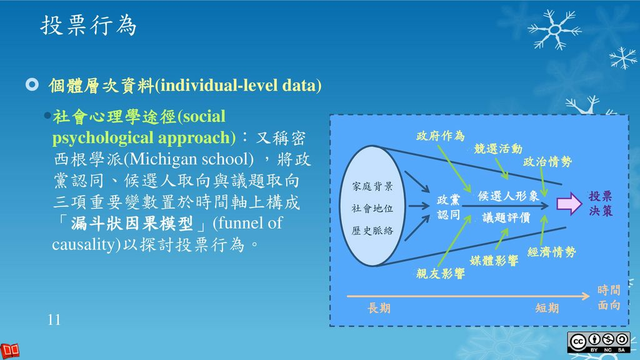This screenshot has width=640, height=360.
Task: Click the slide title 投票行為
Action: point(88,25)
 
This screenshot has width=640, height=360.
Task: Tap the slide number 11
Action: point(54,320)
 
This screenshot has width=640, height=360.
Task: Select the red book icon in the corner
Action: point(11,350)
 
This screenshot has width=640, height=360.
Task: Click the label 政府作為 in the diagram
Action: point(441,136)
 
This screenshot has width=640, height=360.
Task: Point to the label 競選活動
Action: point(497,149)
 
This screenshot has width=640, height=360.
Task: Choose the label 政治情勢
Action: point(547,162)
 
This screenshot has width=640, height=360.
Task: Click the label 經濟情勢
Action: point(551,252)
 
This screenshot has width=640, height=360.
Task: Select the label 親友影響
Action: point(441,273)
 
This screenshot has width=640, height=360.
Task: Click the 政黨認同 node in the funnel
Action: point(448,207)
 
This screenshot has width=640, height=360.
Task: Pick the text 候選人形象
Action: point(508,196)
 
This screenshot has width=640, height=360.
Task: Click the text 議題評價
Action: point(506,217)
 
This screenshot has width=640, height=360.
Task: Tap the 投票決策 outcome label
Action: point(601,204)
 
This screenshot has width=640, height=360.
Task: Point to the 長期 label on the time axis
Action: point(379,308)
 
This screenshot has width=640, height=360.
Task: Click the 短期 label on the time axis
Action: point(547,308)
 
